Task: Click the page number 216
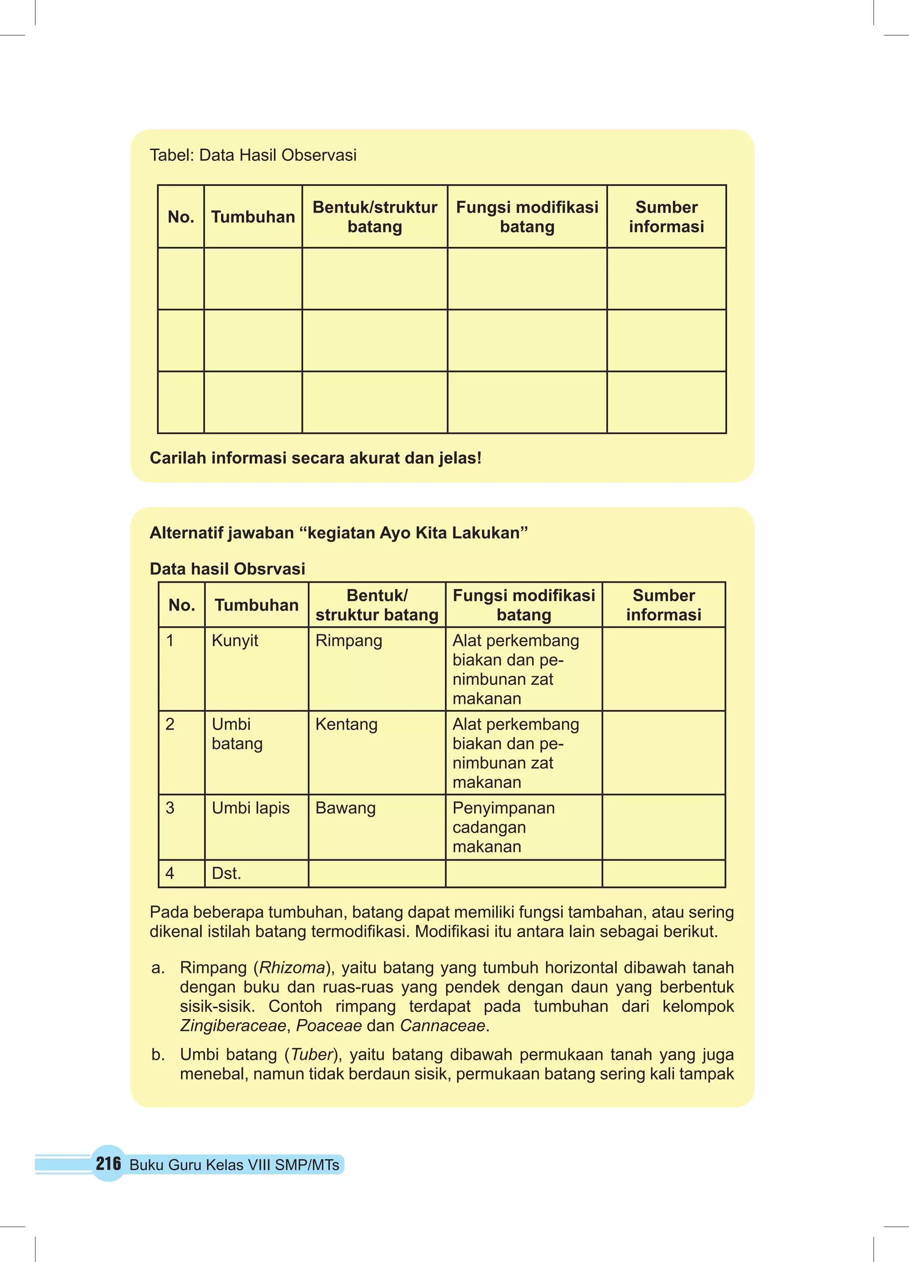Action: (x=108, y=1163)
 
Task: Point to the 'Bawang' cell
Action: (x=345, y=807)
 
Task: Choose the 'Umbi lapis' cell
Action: (x=250, y=807)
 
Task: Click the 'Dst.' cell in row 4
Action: (x=226, y=873)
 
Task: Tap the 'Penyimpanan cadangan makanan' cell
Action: (x=503, y=827)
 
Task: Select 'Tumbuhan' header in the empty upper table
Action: (x=253, y=216)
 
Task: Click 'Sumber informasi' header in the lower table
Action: (x=663, y=605)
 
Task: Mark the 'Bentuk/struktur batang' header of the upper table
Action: (x=375, y=216)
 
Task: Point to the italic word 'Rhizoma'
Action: (x=292, y=967)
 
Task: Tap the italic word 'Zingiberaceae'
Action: (x=233, y=1025)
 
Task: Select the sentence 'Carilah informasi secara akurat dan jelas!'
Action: (x=316, y=458)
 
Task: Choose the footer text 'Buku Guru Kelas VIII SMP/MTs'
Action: (x=234, y=1165)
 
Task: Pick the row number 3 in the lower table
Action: (x=170, y=807)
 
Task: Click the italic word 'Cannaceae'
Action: (x=442, y=1025)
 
